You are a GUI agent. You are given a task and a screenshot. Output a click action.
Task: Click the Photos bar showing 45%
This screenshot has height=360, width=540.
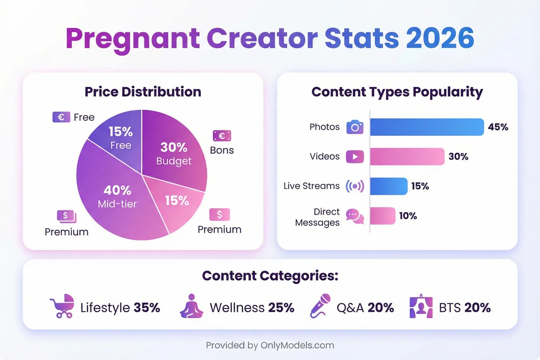click(x=427, y=127)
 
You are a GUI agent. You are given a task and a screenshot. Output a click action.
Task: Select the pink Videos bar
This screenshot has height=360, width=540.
click(x=407, y=157)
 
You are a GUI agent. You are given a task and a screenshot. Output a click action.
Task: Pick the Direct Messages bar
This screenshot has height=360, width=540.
click(x=382, y=216)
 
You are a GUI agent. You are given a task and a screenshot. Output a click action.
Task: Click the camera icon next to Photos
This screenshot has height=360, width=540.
click(x=355, y=127)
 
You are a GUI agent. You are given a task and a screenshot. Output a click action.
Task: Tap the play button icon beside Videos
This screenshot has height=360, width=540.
click(x=355, y=157)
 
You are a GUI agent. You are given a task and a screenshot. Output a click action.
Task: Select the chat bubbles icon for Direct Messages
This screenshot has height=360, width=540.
click(x=355, y=216)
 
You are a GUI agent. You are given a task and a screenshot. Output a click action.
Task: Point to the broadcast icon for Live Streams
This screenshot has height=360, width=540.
click(x=355, y=186)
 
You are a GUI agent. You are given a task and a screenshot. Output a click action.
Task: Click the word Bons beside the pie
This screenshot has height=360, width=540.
click(x=222, y=150)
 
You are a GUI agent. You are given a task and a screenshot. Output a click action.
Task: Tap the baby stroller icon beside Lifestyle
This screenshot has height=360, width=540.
click(x=62, y=307)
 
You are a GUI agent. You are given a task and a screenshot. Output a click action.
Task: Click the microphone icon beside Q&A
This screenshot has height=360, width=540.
click(x=320, y=306)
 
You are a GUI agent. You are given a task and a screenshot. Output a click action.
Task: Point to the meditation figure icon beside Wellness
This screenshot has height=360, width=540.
click(x=192, y=306)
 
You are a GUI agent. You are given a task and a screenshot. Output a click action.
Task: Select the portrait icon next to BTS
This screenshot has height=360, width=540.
click(x=421, y=307)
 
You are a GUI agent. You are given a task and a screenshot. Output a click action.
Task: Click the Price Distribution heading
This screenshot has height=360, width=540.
click(x=143, y=92)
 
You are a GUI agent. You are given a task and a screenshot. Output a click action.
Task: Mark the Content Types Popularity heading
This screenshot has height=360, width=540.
click(x=397, y=92)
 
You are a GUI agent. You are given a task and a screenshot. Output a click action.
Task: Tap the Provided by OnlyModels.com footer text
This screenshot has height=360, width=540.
click(x=270, y=346)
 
